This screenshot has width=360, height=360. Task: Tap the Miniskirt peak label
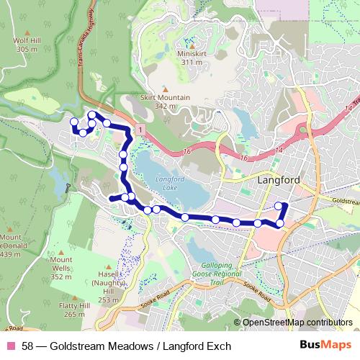(x=192, y=58)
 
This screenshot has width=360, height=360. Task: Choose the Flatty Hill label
(x=74, y=309)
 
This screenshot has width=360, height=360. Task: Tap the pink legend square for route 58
(x=11, y=346)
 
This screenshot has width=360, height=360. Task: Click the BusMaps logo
(x=325, y=346)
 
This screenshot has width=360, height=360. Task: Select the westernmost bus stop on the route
(x=73, y=121)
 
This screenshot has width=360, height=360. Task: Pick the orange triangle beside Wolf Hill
(x=26, y=32)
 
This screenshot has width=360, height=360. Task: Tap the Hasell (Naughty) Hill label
(x=109, y=292)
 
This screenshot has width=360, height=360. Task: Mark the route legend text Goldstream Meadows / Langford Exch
(x=127, y=346)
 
